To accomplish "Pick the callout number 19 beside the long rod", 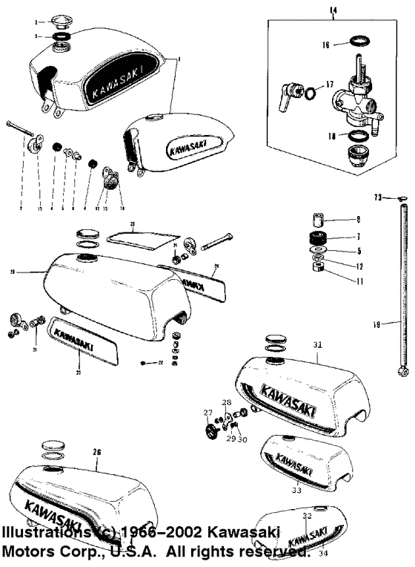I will [377, 324].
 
